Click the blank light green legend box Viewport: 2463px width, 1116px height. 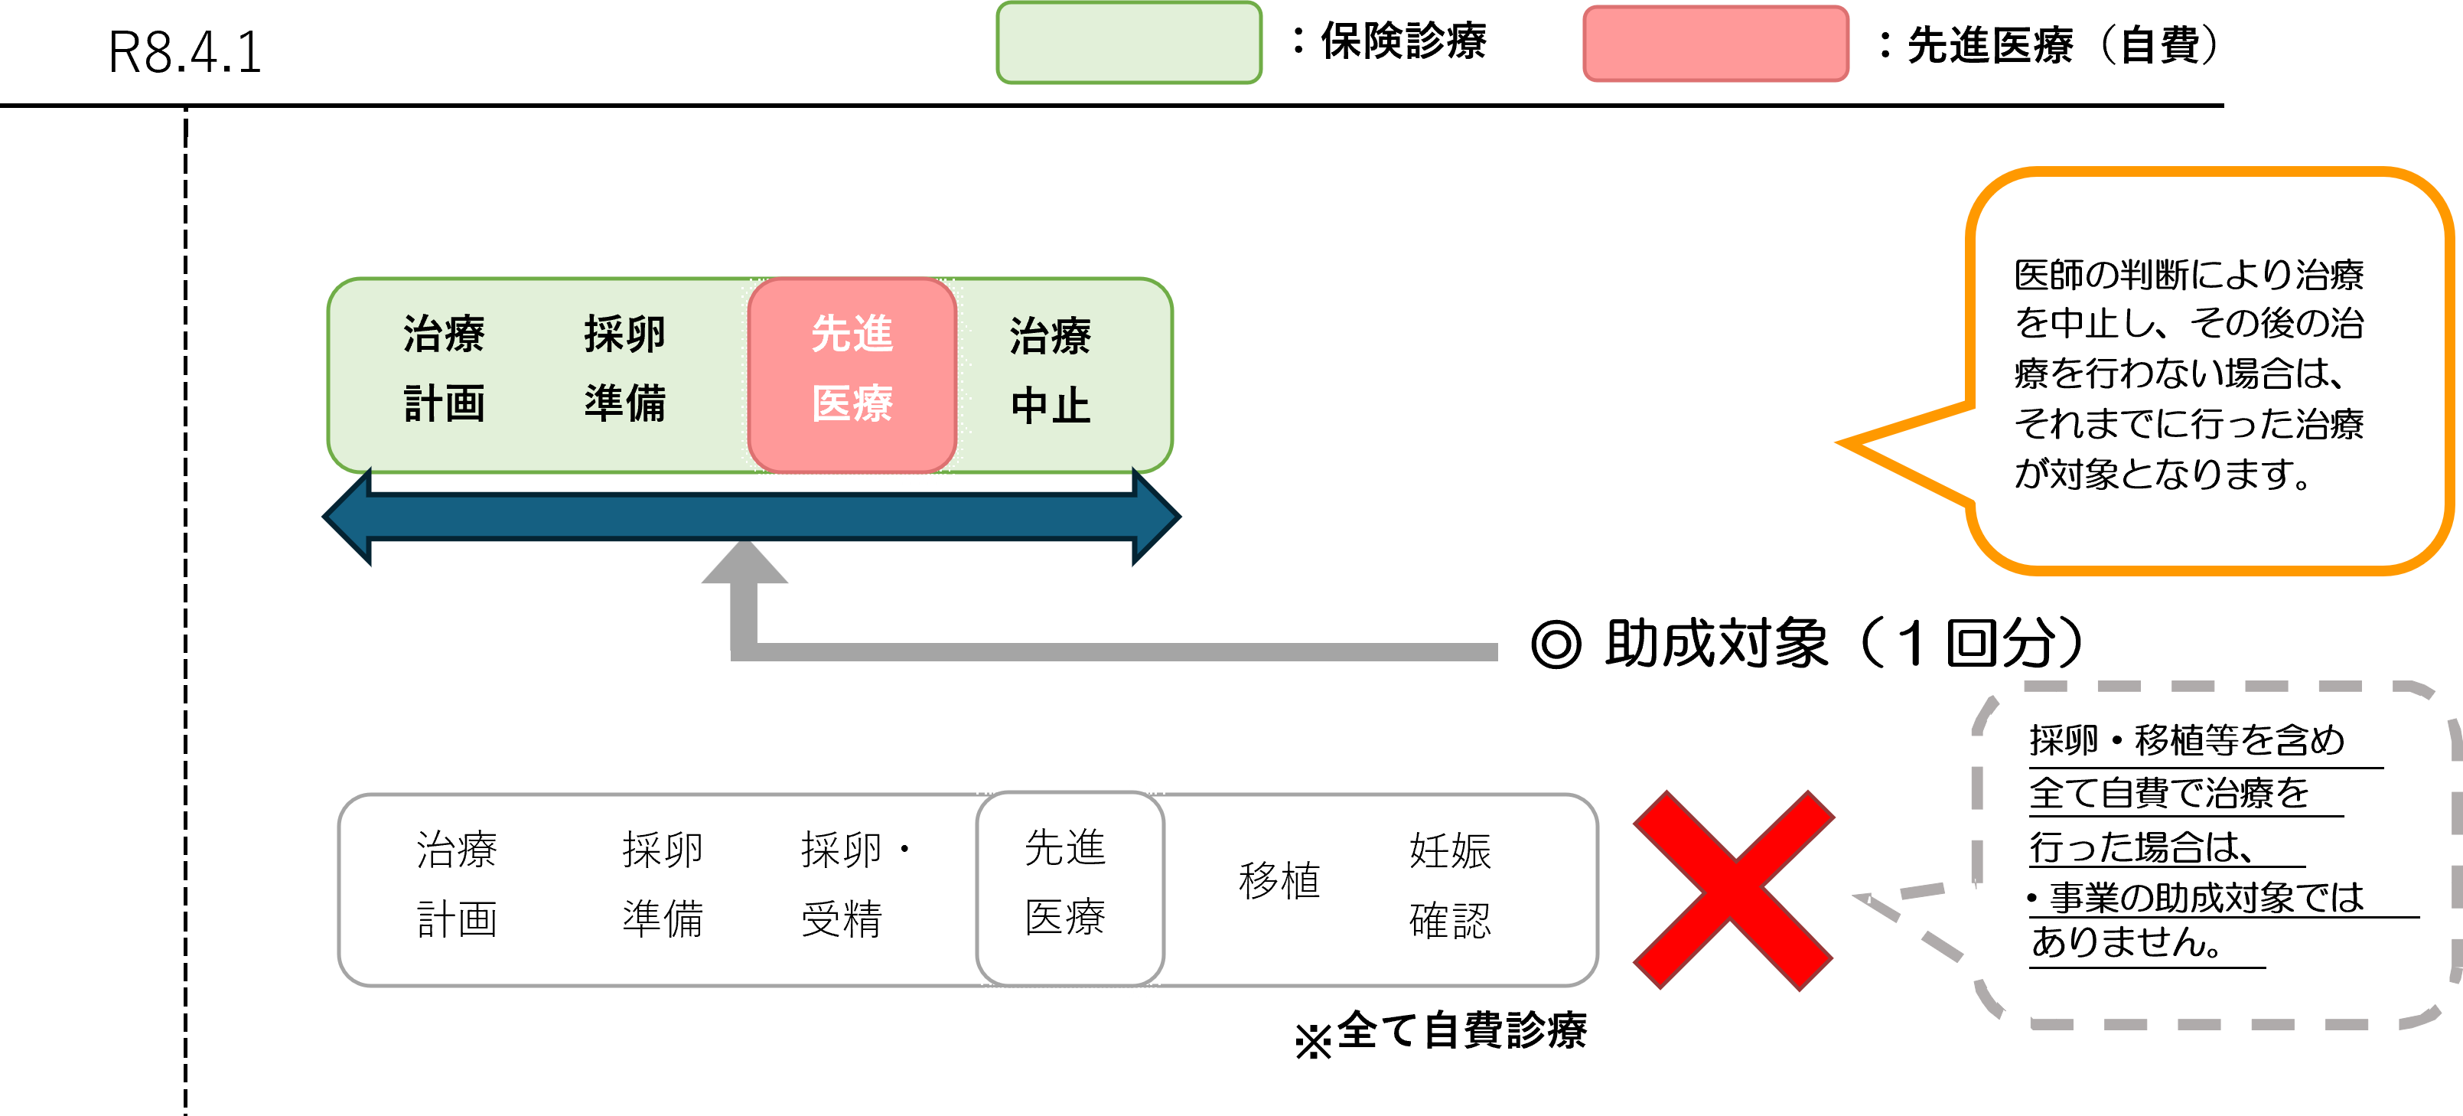point(1129,43)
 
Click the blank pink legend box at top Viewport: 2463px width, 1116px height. point(1715,44)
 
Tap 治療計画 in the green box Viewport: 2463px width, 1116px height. point(444,369)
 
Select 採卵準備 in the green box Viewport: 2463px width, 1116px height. point(624,369)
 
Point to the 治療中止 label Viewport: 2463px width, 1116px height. point(1050,371)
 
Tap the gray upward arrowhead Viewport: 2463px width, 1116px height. point(744,564)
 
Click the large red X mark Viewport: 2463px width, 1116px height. point(1732,889)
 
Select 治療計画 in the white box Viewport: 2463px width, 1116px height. point(457,885)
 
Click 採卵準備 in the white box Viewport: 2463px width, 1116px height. point(662,885)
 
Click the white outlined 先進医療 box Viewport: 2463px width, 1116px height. point(1068,885)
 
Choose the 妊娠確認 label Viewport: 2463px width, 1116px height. point(1449,886)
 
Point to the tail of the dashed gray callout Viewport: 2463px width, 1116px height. point(1865,898)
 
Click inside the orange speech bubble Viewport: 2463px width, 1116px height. point(2209,371)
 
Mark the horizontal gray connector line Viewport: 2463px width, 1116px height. point(1119,652)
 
